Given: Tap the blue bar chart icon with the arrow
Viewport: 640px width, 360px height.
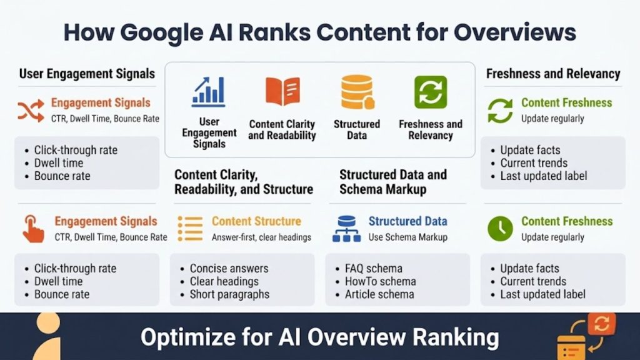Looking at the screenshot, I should [x=209, y=91].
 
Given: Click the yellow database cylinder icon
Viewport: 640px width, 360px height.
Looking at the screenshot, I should [x=357, y=92].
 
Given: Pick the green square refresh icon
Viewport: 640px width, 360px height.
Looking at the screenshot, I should [x=431, y=92].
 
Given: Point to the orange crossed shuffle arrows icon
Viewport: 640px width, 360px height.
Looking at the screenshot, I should [x=31, y=109].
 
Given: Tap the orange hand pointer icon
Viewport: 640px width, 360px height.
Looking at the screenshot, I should [x=32, y=228].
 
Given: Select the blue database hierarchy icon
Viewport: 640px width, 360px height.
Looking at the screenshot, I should [x=346, y=228].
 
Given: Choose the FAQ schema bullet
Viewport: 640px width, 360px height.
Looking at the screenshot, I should [x=373, y=269].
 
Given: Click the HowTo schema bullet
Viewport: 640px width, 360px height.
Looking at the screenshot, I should [x=380, y=282].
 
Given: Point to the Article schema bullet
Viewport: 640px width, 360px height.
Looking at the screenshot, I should [x=379, y=294].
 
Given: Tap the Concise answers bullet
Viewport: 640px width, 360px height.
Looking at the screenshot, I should [x=229, y=269].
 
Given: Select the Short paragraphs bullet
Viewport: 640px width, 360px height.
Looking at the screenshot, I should [x=229, y=294].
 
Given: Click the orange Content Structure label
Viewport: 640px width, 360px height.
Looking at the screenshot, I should [x=256, y=221].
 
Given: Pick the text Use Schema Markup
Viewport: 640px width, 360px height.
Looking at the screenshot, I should [x=407, y=237].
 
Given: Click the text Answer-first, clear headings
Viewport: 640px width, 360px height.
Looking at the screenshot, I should [x=261, y=237].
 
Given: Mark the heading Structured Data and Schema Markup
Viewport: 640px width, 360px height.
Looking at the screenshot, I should [x=393, y=181].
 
